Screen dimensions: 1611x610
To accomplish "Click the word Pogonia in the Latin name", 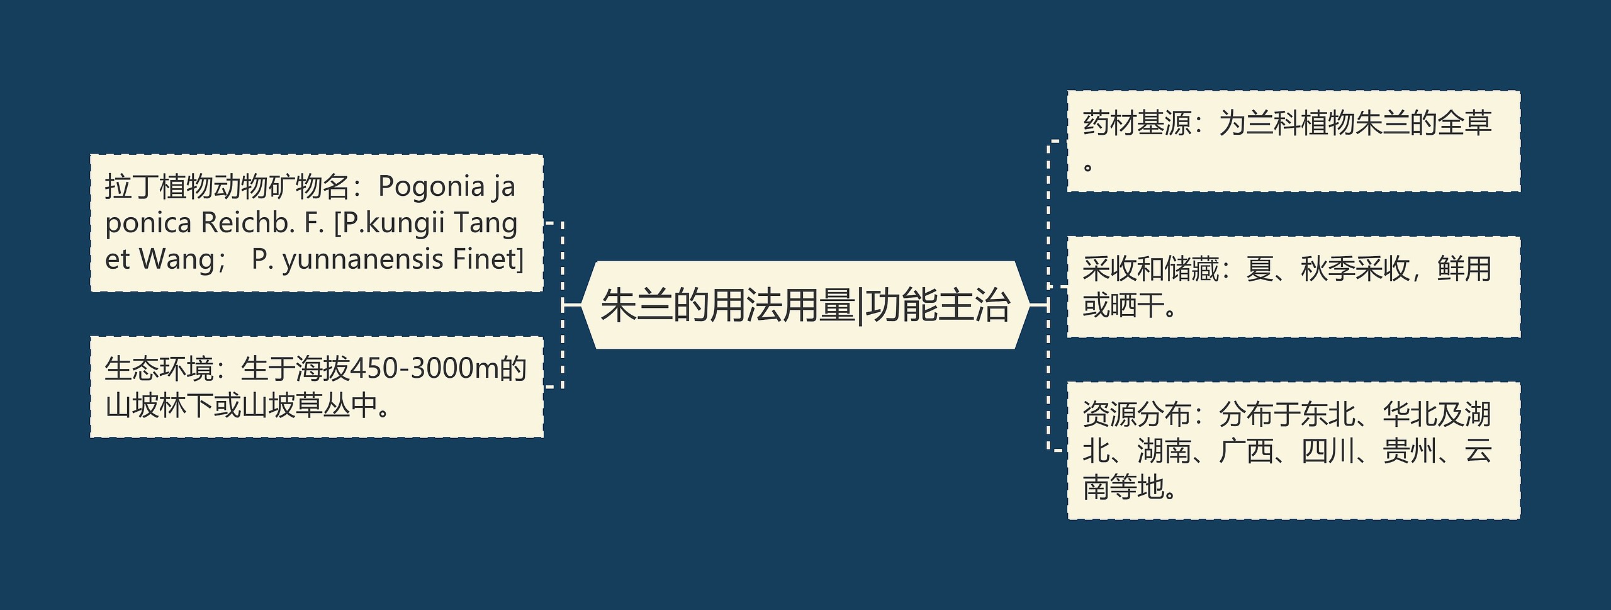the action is (x=431, y=187).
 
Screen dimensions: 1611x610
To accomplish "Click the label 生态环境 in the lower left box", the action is (x=159, y=369).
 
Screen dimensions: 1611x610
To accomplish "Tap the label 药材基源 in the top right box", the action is (x=1137, y=123).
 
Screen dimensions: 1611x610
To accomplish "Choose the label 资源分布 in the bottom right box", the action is (x=1137, y=415).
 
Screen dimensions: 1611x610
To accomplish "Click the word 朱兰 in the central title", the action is (x=637, y=306).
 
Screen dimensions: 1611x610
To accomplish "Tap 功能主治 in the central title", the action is (x=938, y=306).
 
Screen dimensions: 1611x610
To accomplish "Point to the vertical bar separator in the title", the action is (x=860, y=306).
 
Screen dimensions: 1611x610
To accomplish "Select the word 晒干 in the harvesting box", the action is (x=1137, y=307).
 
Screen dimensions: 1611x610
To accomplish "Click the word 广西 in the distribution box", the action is (x=1247, y=451).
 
